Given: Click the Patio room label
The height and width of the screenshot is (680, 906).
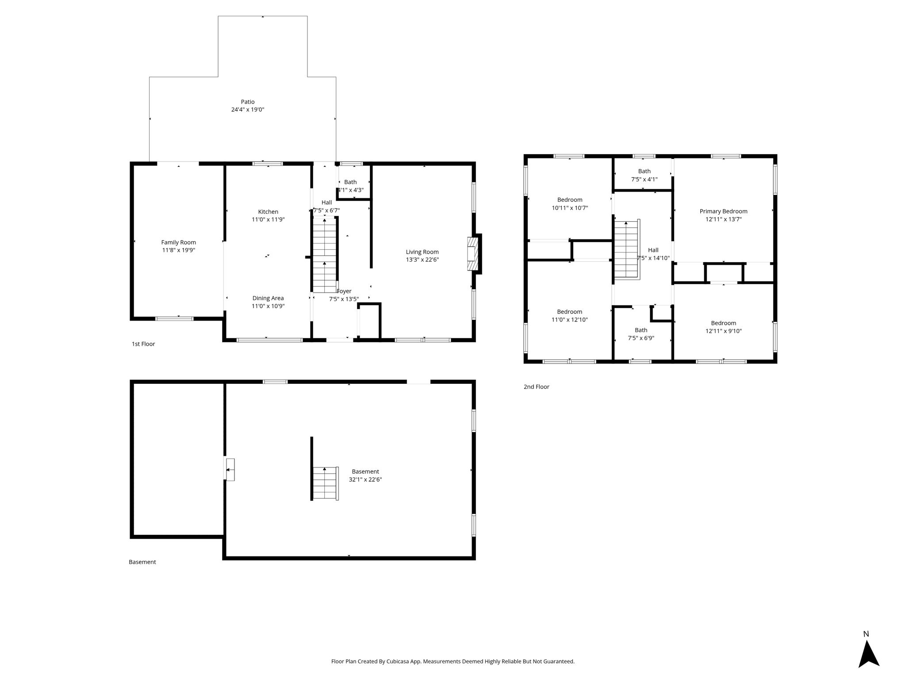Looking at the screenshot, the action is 248,102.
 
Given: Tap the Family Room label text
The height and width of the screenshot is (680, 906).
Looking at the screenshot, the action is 179,243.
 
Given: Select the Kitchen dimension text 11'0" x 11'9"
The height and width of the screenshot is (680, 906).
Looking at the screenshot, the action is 268,220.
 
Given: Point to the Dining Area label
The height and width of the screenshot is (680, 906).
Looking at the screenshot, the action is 268,298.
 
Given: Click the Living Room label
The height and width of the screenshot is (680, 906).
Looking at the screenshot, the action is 422,252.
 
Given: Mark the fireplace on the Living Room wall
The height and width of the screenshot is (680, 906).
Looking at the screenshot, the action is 473,254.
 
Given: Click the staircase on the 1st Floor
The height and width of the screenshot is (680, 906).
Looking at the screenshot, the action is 325,255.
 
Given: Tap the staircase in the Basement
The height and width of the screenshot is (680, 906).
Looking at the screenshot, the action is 326,483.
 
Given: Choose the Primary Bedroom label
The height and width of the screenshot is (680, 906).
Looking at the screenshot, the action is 724,212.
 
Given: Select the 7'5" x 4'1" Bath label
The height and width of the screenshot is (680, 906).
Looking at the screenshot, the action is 645,171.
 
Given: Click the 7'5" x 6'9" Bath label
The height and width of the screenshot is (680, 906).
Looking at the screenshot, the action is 641,330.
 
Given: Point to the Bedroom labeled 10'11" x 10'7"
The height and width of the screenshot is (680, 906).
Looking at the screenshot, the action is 570,200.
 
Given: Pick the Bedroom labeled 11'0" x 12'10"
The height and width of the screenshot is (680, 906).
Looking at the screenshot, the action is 570,312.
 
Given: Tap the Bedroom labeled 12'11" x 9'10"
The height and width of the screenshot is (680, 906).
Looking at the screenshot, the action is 724,324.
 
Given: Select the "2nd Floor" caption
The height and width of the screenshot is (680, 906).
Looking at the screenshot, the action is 537,387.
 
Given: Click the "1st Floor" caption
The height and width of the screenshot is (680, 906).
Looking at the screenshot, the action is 143,344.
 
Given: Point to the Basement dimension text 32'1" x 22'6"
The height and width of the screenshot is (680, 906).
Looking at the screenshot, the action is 365,479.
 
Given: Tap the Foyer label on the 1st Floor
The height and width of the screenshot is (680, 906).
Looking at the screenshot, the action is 344,291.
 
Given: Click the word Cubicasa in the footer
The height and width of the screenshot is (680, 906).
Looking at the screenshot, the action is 398,661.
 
